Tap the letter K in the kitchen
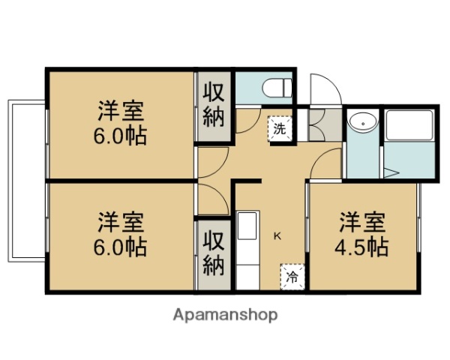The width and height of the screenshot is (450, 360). pyautogui.click(x=277, y=236)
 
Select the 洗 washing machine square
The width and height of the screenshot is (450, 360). pyautogui.click(x=279, y=128)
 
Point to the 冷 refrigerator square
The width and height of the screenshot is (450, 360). pyautogui.click(x=292, y=276)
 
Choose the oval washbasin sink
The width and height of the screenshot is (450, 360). pyautogui.click(x=363, y=121)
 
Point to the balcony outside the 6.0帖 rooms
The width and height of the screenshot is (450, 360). pyautogui.click(x=27, y=181)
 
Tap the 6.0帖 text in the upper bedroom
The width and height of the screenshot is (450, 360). pyautogui.click(x=121, y=137)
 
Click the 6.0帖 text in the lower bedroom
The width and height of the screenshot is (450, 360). pyautogui.click(x=121, y=247)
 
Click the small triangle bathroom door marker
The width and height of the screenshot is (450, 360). pyautogui.click(x=391, y=172)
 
